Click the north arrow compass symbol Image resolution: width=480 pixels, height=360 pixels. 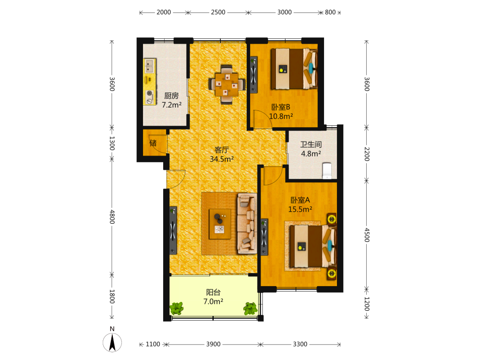(x=112, y=342)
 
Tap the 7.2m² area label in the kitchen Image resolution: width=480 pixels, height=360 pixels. (x=172, y=105)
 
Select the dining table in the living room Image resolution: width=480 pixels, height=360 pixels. (x=227, y=84)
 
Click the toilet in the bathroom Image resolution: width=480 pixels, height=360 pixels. (x=327, y=171)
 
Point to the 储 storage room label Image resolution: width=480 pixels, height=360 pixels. (x=153, y=143)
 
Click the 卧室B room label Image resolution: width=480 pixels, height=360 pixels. (x=281, y=107)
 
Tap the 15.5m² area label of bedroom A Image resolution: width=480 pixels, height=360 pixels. (x=300, y=209)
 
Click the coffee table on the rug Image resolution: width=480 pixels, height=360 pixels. (x=220, y=224)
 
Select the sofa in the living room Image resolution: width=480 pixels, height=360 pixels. (x=247, y=223)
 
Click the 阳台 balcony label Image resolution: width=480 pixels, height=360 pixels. (x=214, y=292)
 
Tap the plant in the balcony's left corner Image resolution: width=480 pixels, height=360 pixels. (x=177, y=308)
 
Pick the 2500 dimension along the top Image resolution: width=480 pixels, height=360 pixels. (x=218, y=12)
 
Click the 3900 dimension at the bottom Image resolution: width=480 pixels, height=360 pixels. (x=213, y=344)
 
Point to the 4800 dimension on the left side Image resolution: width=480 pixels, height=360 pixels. (x=112, y=217)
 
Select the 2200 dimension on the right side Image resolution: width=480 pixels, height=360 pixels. (x=367, y=154)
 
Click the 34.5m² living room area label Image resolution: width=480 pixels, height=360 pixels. (x=222, y=159)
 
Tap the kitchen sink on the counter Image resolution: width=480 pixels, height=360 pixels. (x=149, y=66)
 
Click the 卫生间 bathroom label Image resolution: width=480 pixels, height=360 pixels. (x=311, y=144)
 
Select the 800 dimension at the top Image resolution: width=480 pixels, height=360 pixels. (x=330, y=12)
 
